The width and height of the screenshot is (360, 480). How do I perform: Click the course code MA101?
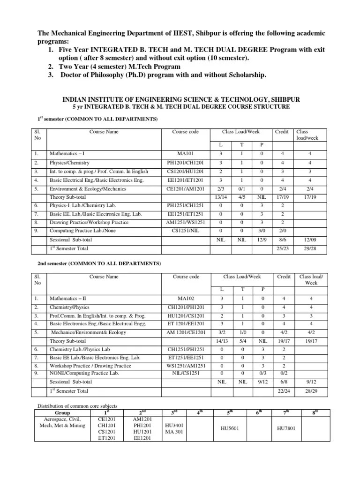[186, 153]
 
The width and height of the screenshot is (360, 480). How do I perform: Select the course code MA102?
[186, 298]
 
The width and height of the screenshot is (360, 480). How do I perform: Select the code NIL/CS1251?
[186, 373]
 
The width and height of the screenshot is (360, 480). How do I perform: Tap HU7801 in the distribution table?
[285, 428]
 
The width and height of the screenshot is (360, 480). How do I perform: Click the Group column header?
[62, 412]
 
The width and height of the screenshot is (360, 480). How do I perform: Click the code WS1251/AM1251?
[186, 366]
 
